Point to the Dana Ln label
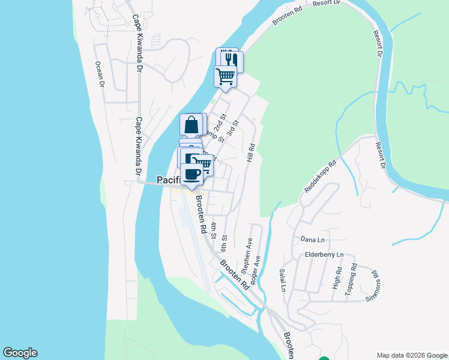pyautogui.click(x=312, y=239)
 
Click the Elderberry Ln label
pyautogui.click(x=324, y=254)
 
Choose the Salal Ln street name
pyautogui.click(x=283, y=280)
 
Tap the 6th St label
pyautogui.click(x=223, y=243)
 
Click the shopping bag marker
pyautogui.click(x=191, y=125)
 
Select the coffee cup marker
pyautogui.click(x=192, y=173)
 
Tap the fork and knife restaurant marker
pyautogui.click(x=232, y=61)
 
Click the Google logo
pyautogui.click(x=20, y=353)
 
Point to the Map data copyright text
pyautogui.click(x=411, y=355)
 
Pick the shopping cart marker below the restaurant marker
pyautogui.click(x=225, y=76)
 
